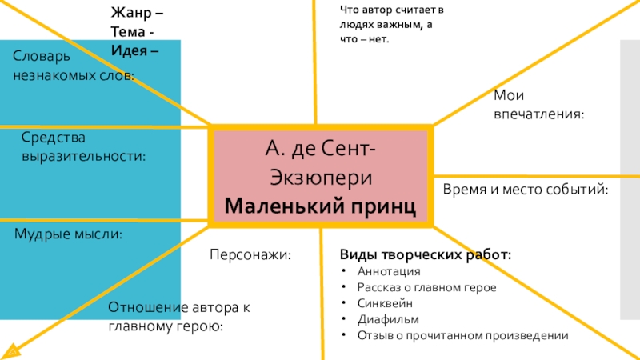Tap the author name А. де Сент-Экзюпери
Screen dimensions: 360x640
pyautogui.click(x=321, y=162)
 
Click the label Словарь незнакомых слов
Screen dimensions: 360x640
pyautogui.click(x=73, y=66)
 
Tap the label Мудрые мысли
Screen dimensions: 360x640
pyautogui.click(x=69, y=234)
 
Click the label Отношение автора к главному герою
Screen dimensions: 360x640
pyautogui.click(x=181, y=318)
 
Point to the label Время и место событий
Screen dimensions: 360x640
pyautogui.click(x=526, y=190)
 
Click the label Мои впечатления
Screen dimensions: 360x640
pyautogui.click(x=538, y=106)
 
